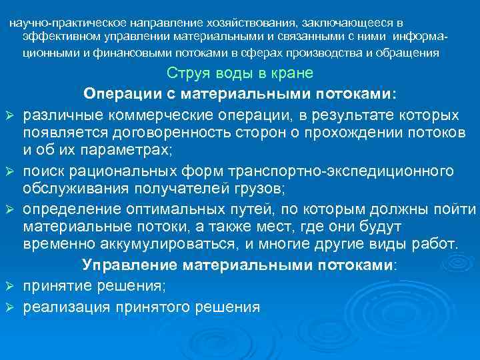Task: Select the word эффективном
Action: (53, 38)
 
